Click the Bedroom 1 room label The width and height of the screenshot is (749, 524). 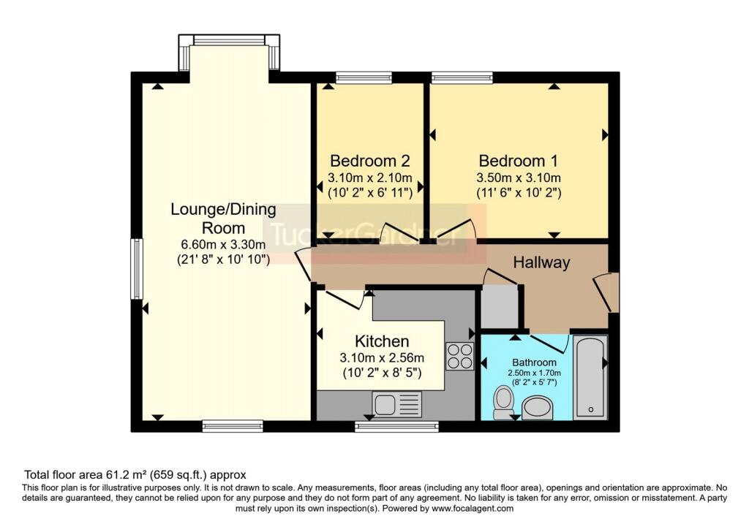(x=519, y=161)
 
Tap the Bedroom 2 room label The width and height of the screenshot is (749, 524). (x=369, y=161)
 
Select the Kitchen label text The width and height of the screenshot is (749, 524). (x=382, y=341)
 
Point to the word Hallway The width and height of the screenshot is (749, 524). (x=542, y=262)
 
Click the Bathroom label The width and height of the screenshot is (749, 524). (x=534, y=362)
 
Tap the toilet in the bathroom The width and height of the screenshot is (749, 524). (x=503, y=402)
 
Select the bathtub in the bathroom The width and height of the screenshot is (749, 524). (x=590, y=377)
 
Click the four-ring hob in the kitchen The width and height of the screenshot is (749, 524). (x=460, y=357)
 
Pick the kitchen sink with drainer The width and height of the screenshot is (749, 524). (x=397, y=405)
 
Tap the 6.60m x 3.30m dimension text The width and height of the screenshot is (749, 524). (x=223, y=244)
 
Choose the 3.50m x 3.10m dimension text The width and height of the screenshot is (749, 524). (x=519, y=178)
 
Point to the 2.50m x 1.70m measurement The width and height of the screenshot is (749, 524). (x=534, y=373)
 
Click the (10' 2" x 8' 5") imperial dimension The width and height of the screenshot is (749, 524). (x=382, y=373)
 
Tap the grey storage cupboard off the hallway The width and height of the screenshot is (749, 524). (x=500, y=306)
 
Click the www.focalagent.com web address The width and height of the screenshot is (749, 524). (x=473, y=508)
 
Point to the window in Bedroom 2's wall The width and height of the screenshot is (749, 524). (x=364, y=77)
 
